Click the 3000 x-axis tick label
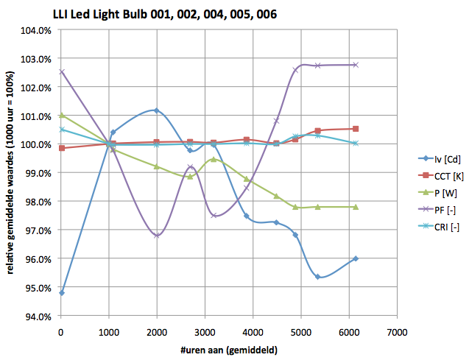coord(205,332)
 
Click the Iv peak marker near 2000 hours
coord(156,110)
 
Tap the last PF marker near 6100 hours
coord(356,65)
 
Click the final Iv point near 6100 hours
coord(356,258)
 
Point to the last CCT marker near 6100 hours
coord(356,129)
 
